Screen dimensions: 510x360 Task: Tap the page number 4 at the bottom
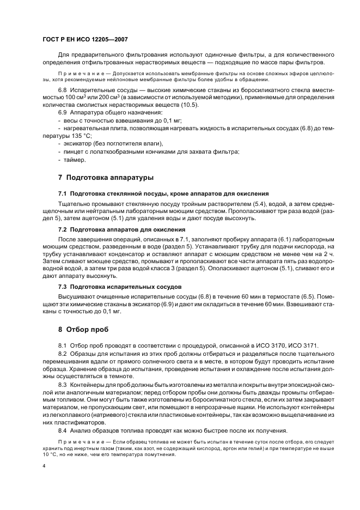(44, 466)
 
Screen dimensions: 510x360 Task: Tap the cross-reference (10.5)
(190, 105)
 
